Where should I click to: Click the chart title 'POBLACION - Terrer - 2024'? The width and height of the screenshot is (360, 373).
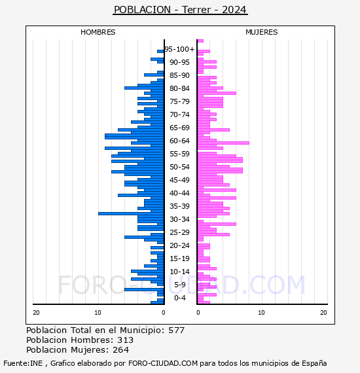[180, 10]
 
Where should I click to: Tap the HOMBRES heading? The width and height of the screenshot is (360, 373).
[98, 32]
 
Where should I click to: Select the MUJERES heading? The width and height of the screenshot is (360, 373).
[262, 32]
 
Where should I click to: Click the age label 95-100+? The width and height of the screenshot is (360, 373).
[179, 49]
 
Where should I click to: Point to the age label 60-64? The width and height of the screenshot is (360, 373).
[179, 141]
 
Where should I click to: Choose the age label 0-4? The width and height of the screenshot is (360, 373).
[180, 298]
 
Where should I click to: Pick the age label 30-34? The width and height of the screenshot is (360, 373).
[179, 219]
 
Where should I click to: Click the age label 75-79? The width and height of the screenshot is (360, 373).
[179, 101]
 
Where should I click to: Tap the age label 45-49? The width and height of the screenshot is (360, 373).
[179, 180]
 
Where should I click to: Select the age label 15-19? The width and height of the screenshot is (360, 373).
[179, 258]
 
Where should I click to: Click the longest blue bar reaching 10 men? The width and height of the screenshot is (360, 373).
[131, 213]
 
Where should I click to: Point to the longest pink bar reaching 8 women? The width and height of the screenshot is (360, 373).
[223, 143]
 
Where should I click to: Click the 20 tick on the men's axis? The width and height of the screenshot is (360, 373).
[36, 313]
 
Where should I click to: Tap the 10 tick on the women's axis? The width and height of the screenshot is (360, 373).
[261, 313]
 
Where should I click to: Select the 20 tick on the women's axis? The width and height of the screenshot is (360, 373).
[323, 313]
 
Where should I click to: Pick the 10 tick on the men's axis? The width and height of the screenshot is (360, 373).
[98, 313]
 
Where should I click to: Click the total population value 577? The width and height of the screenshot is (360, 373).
[177, 330]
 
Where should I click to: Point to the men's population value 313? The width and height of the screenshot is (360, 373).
[126, 340]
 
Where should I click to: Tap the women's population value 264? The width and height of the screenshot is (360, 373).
[121, 350]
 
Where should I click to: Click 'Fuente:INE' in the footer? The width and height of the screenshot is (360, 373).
[23, 363]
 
